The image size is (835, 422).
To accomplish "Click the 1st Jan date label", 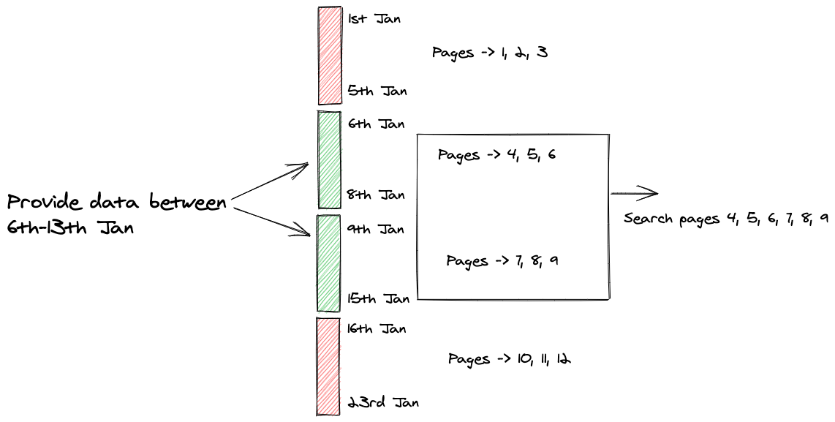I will [374, 19].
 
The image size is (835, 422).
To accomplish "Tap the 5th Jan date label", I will [377, 91].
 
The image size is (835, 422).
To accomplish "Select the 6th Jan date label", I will [376, 124].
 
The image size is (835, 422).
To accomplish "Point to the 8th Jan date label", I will [377, 195].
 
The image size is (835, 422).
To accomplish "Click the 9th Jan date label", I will [376, 229].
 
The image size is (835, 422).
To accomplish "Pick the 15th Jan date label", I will [378, 298].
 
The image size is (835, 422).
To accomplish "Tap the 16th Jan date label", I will [377, 328].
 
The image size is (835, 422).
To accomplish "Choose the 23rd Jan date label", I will [382, 402].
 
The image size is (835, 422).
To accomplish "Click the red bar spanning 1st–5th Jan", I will [330, 56].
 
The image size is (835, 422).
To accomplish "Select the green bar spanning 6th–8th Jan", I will [330, 159].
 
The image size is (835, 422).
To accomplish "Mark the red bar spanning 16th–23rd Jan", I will [328, 366].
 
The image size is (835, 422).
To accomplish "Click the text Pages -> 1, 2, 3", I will [489, 53].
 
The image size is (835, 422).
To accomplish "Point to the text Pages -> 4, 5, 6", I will [496, 155].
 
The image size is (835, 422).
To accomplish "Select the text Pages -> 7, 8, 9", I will [502, 260].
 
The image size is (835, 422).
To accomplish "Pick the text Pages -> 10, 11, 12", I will [509, 359].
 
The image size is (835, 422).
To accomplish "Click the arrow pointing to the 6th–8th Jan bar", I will [271, 181].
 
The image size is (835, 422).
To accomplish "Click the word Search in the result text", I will [649, 219].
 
